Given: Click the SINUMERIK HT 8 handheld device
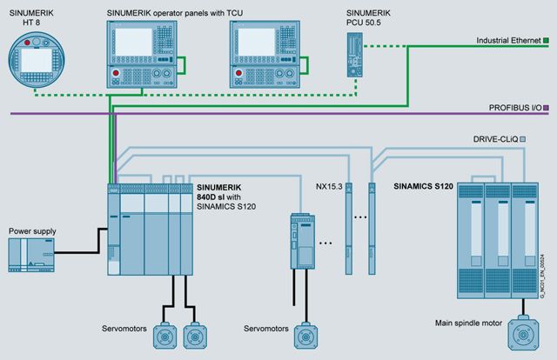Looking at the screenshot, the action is click(37, 60).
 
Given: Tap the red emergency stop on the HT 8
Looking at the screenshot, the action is click(27, 43).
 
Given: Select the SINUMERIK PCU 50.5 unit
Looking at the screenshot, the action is click(355, 55).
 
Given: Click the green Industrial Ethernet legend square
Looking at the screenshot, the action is click(546, 41).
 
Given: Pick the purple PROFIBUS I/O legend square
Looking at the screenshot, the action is click(546, 108).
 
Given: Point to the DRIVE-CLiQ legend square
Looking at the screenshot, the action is click(522, 139).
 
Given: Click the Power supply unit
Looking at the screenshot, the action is click(31, 256).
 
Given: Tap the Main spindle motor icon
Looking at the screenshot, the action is click(523, 334).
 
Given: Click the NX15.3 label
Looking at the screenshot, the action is click(329, 186).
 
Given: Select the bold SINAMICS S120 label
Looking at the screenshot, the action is click(423, 186).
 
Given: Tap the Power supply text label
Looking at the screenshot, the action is click(32, 231).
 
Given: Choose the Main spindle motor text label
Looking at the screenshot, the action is click(468, 323).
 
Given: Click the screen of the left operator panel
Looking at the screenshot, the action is click(133, 42).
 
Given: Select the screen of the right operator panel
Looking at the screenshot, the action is click(256, 42).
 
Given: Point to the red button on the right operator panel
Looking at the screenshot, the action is click(238, 73).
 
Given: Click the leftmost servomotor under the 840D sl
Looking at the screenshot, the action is click(164, 336).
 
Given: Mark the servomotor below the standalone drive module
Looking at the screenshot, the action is click(305, 336).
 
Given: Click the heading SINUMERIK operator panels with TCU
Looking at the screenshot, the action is click(175, 13).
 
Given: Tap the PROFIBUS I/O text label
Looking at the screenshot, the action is click(515, 108).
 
